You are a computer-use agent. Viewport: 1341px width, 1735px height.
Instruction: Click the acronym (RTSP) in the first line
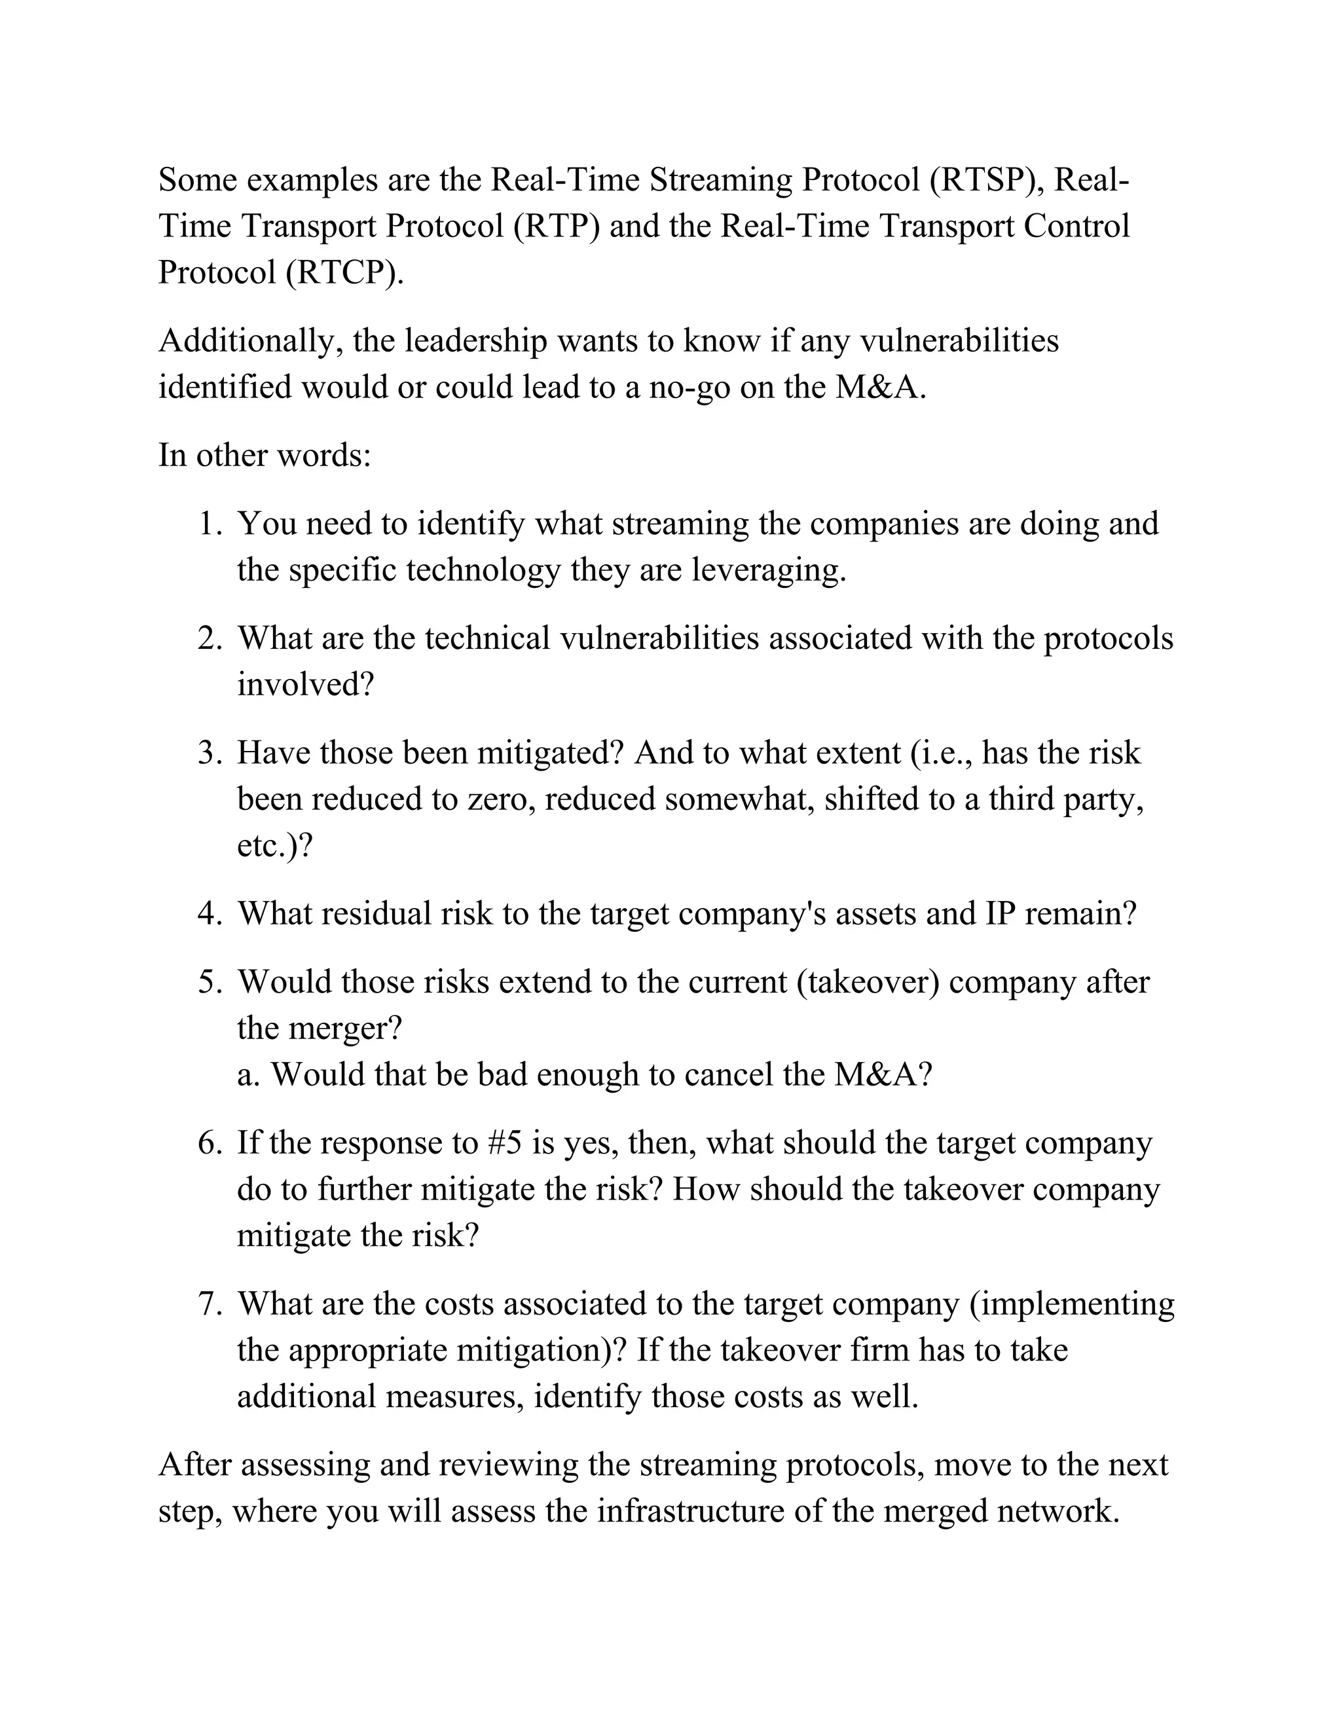983,180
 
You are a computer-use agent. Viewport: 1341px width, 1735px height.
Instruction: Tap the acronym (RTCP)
340,272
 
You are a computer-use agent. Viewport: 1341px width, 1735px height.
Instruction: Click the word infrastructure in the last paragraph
690,1511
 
